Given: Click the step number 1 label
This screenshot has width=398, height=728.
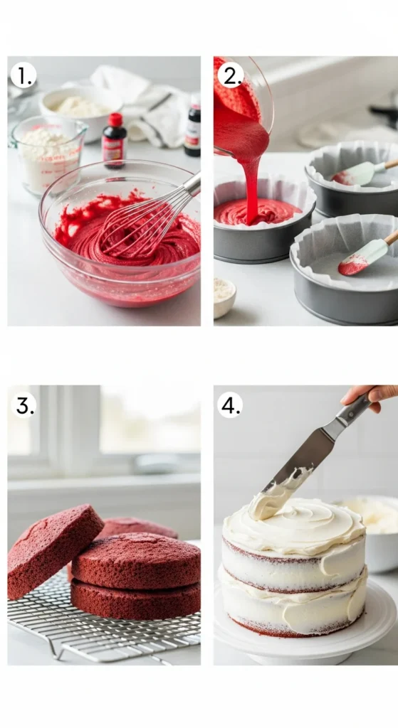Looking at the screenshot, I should (x=23, y=75).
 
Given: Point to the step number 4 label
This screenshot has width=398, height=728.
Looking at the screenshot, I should (x=230, y=405).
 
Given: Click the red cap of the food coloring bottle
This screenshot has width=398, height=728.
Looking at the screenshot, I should (x=115, y=119).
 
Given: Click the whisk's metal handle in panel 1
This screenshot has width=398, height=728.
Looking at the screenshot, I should (x=190, y=185).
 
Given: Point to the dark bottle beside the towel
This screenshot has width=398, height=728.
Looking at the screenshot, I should (x=193, y=128).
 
